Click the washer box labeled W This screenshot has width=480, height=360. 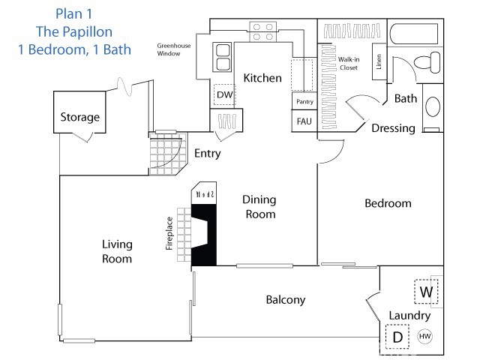click(426, 291)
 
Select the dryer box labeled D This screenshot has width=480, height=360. click(397, 337)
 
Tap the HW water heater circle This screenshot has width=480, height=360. click(424, 337)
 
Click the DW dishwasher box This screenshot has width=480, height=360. click(224, 95)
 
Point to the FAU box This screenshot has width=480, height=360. click(304, 121)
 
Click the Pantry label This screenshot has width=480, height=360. click(304, 101)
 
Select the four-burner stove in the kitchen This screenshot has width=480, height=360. click(262, 31)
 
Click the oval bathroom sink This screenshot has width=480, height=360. click(433, 106)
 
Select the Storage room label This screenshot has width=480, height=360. click(79, 118)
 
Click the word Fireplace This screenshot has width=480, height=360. click(169, 232)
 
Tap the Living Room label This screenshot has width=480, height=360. click(117, 251)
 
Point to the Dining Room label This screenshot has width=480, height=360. click(259, 207)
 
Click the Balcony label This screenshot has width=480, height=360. click(286, 300)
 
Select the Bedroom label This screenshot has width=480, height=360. click(388, 203)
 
